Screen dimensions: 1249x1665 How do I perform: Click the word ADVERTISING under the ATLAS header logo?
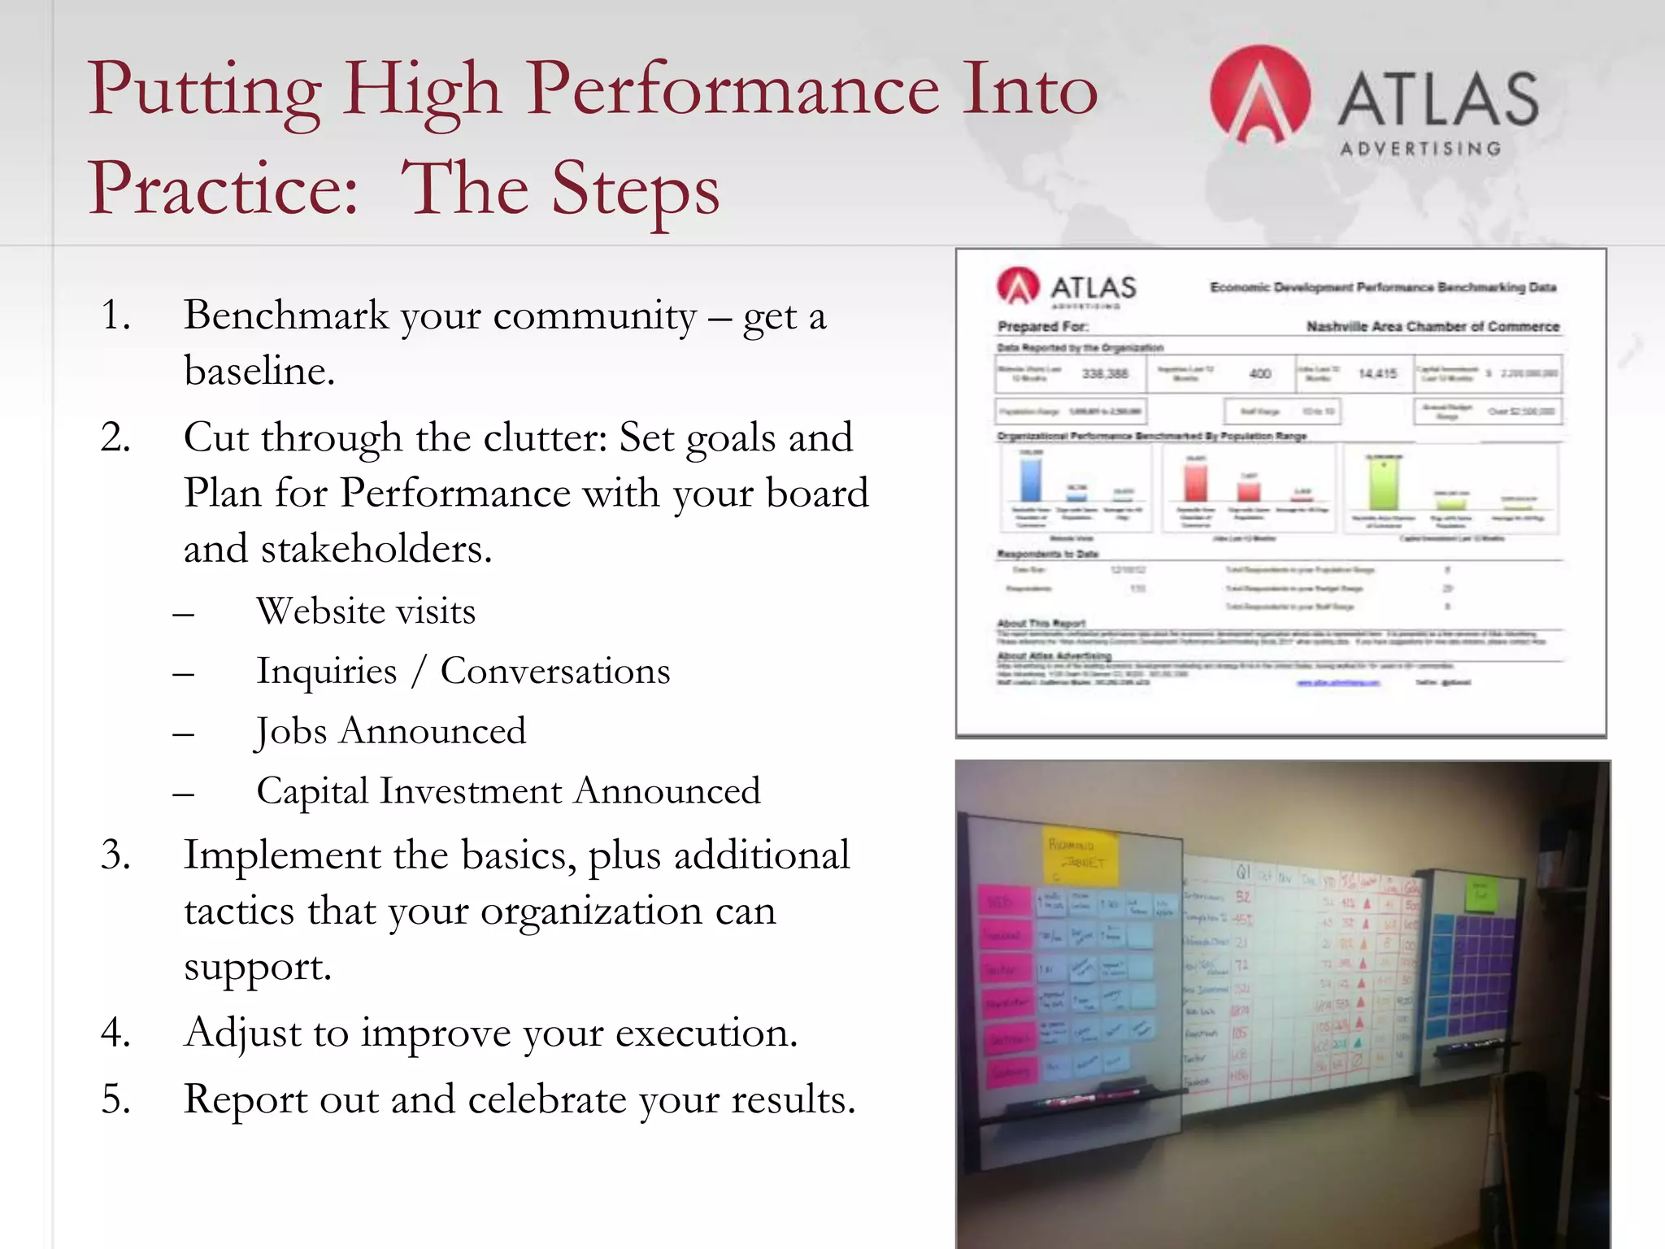pyautogui.click(x=1420, y=149)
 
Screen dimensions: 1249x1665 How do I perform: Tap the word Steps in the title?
pyautogui.click(x=636, y=189)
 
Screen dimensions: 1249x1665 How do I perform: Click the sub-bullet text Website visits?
pyautogui.click(x=366, y=611)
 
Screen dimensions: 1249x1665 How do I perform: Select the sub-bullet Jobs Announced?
pyautogui.click(x=391, y=731)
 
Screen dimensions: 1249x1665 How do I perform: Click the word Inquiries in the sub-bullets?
pyautogui.click(x=327, y=672)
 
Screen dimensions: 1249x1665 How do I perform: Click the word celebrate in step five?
pyautogui.click(x=547, y=1099)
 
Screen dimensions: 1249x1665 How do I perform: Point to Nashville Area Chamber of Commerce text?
pyautogui.click(x=1432, y=326)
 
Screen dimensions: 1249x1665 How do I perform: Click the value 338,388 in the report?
pyautogui.click(x=1104, y=374)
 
